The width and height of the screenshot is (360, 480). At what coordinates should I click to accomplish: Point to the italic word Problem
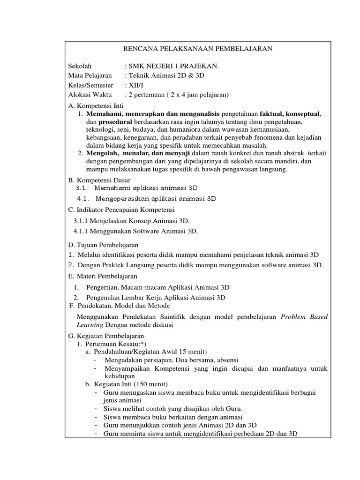[x=293, y=317]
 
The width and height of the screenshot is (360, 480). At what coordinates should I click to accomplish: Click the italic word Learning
[x=90, y=325]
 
